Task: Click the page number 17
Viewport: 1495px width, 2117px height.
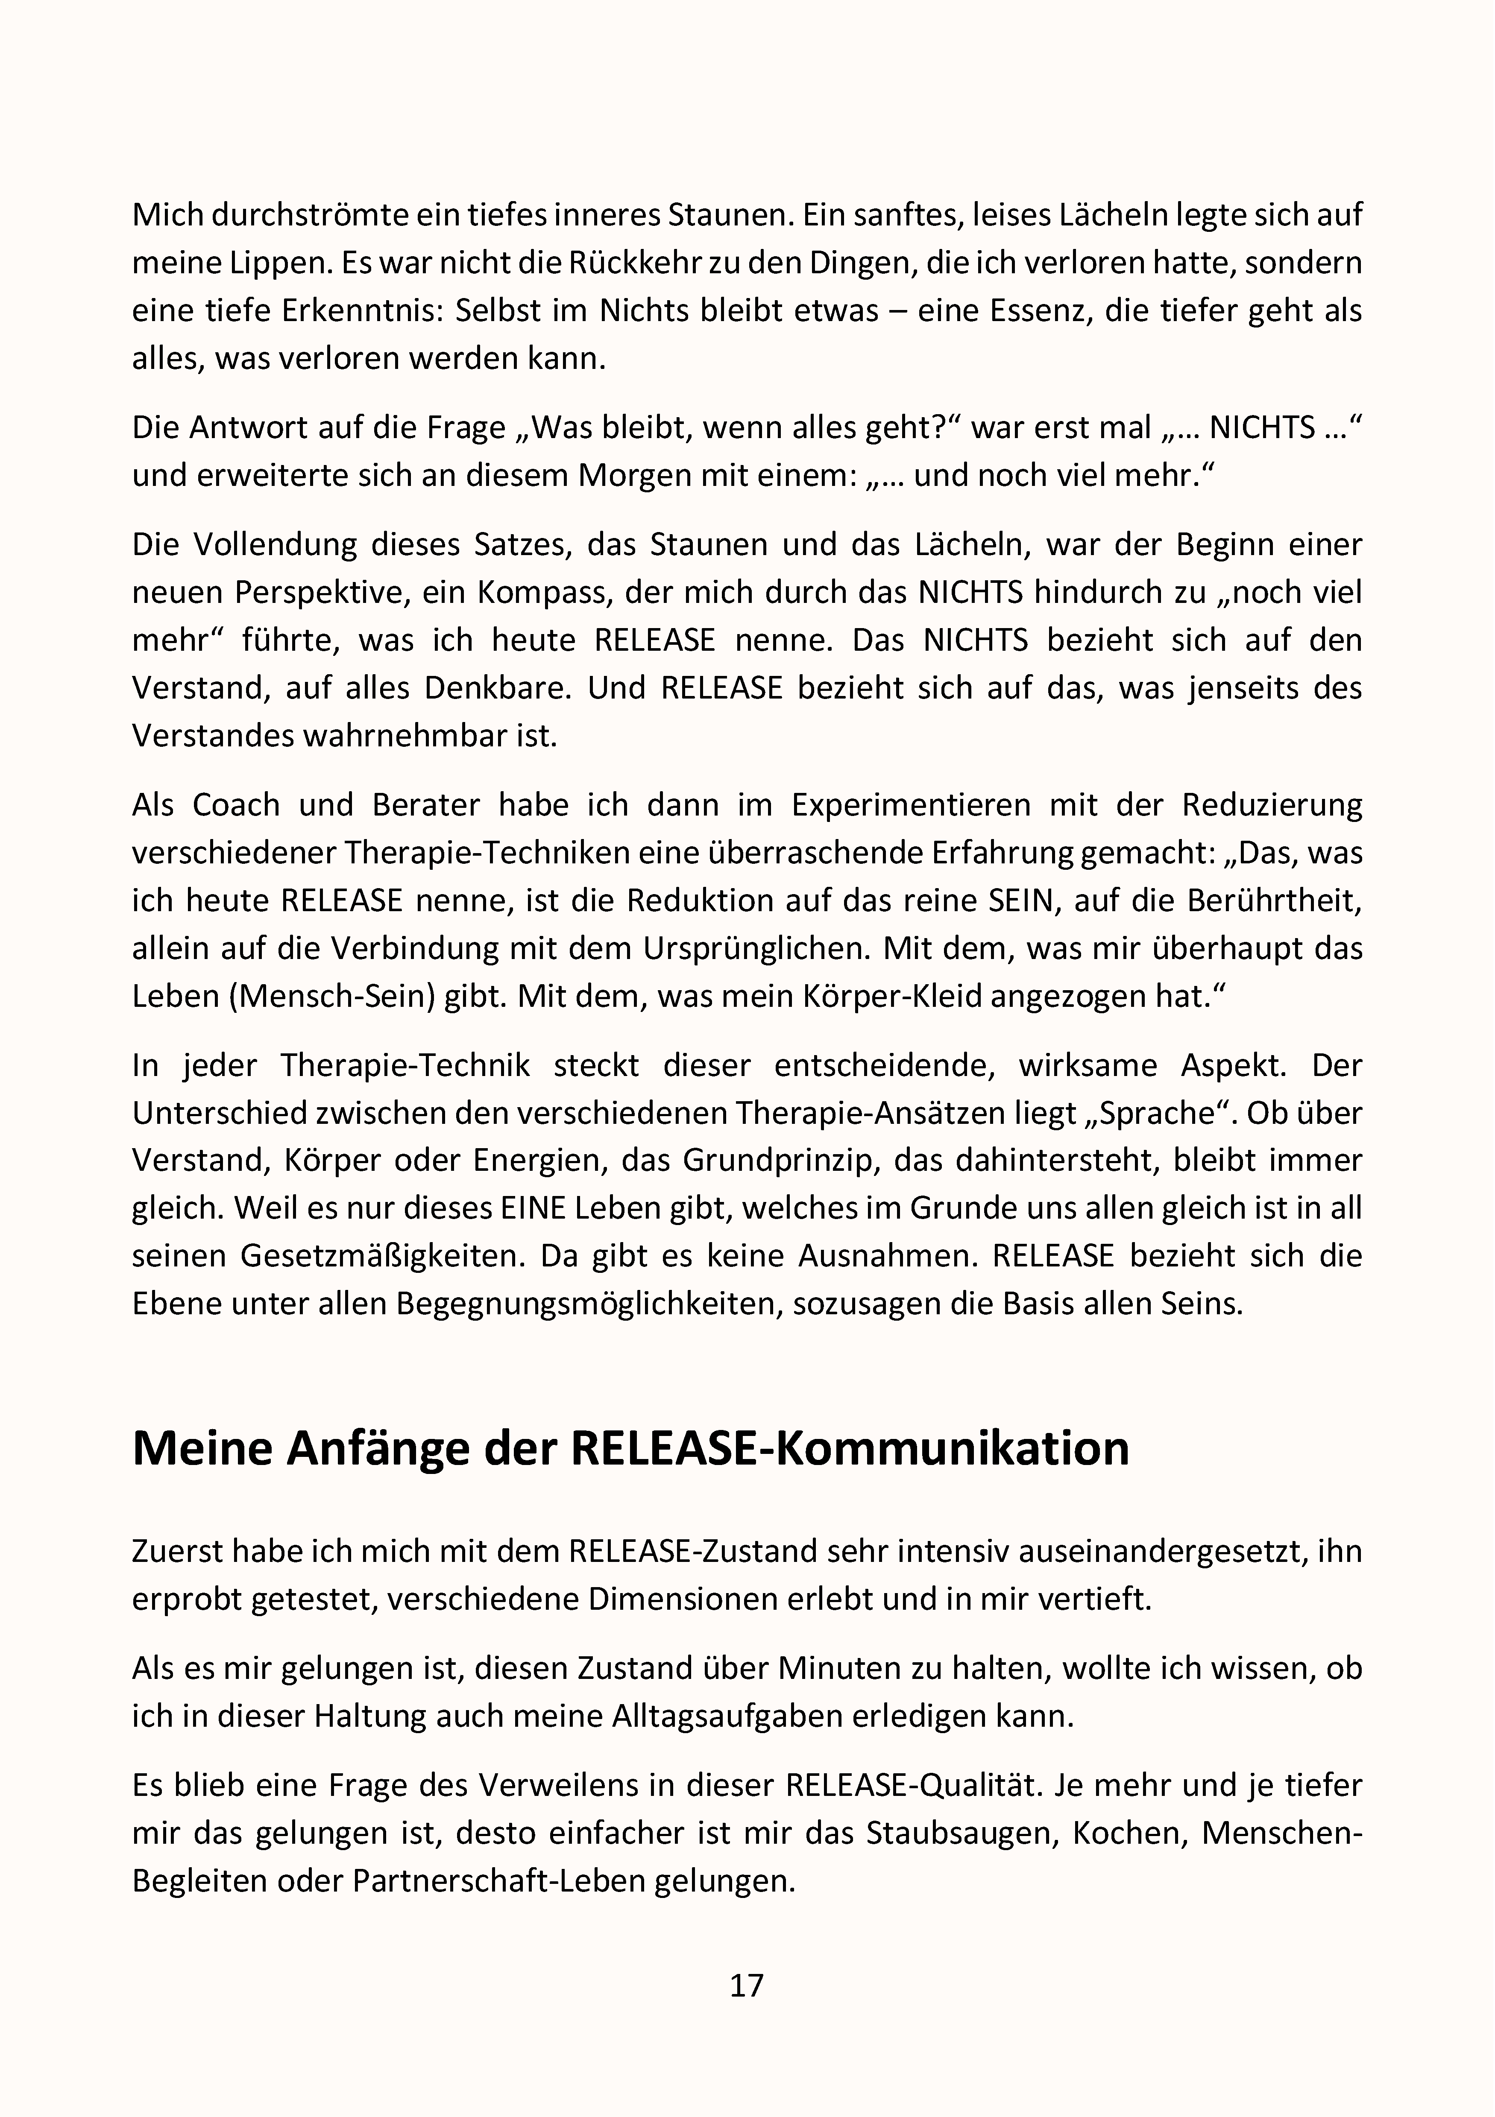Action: [x=747, y=1984]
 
